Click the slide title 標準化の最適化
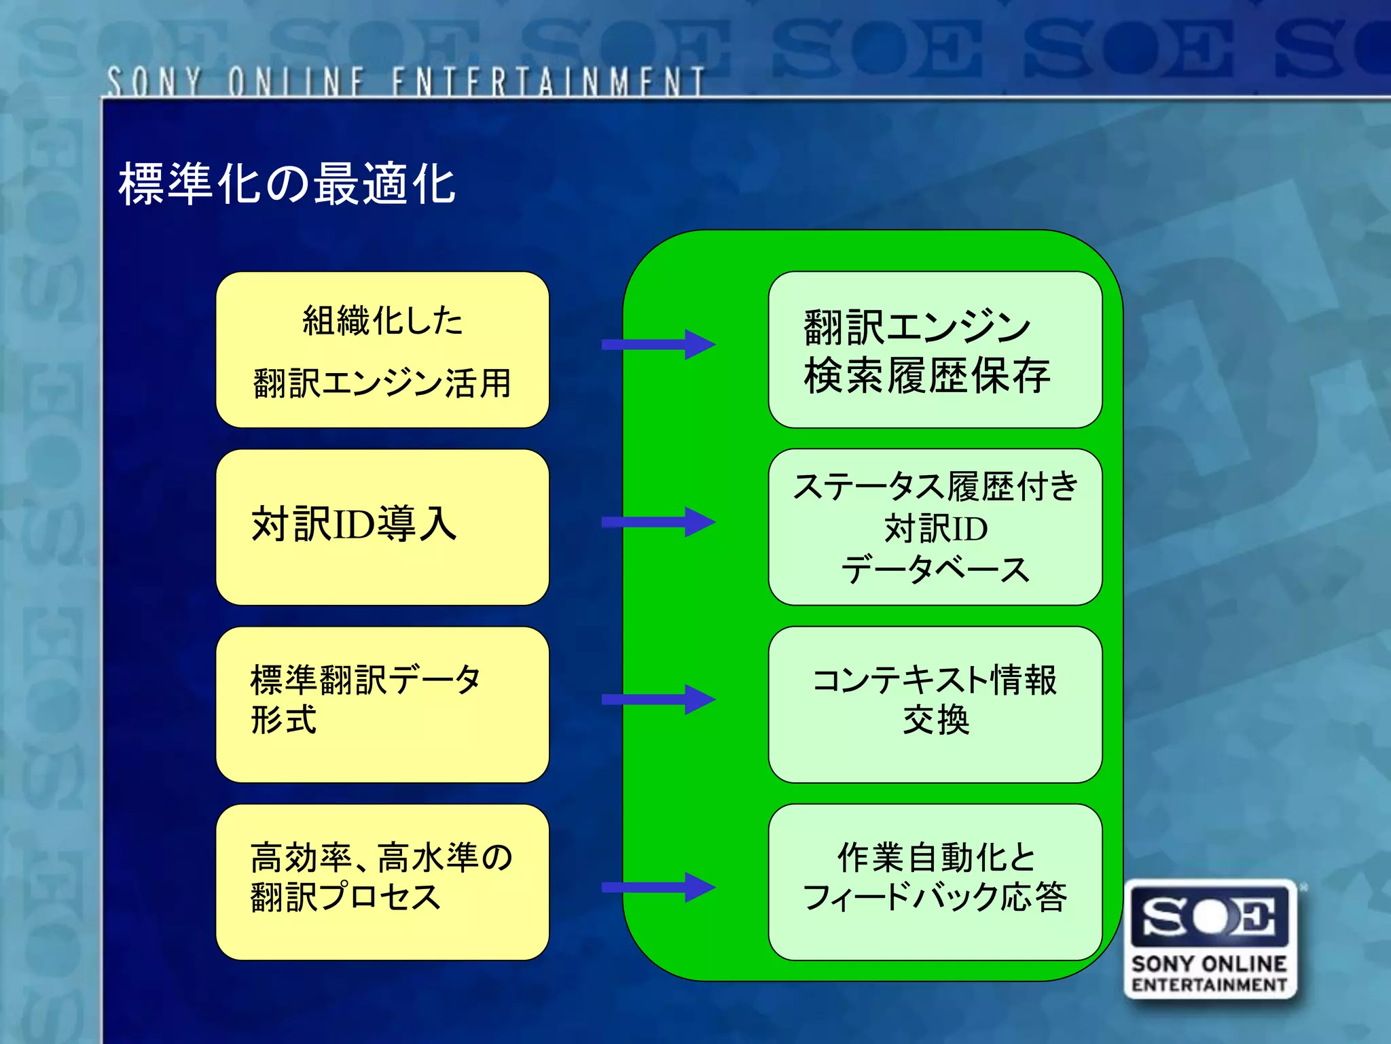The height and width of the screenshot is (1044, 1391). [x=287, y=184]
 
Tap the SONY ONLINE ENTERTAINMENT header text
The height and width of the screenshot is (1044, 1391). [x=405, y=82]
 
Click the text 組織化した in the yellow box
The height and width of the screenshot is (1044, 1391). [x=382, y=321]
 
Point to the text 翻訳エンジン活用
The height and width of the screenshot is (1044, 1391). [x=382, y=383]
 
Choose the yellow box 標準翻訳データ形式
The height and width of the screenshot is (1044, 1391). [x=382, y=704]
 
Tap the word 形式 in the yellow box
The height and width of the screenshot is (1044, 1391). [x=283, y=720]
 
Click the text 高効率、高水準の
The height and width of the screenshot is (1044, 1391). [x=381, y=858]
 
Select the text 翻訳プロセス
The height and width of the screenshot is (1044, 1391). [x=346, y=897]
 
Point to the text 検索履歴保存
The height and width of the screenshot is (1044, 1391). [x=927, y=376]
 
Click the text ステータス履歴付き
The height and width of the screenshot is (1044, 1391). [x=935, y=487]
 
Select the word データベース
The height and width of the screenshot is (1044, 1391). [x=935, y=570]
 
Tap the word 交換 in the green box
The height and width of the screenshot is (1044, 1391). [x=935, y=720]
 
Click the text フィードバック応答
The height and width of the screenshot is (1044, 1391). [x=935, y=897]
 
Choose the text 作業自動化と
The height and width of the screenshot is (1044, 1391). [x=935, y=858]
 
